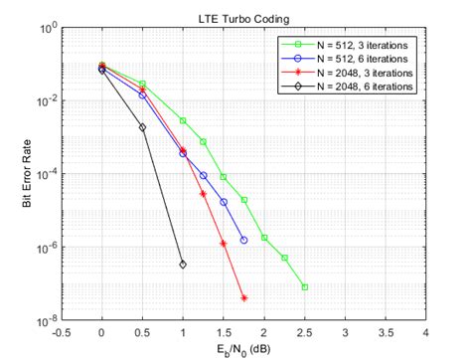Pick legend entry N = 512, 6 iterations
pos(351,60)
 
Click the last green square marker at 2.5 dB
pos(305,287)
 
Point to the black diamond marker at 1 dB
pos(183,265)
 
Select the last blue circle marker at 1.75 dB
pos(244,241)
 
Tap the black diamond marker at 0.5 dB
pos(143,127)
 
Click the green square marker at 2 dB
pos(264,238)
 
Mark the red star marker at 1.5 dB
pos(224,244)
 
